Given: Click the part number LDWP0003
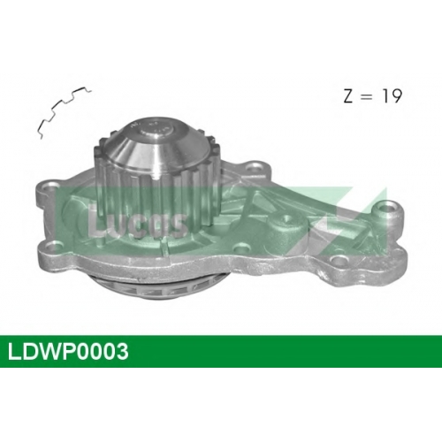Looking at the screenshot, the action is tap(68, 351).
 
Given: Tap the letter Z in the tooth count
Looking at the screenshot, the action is tap(348, 96).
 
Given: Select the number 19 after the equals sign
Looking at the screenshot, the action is tap(392, 96).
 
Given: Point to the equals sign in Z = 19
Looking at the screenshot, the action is tap(367, 97).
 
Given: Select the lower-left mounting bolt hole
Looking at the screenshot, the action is tap(52, 244).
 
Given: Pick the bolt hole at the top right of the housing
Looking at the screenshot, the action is tap(254, 168).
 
